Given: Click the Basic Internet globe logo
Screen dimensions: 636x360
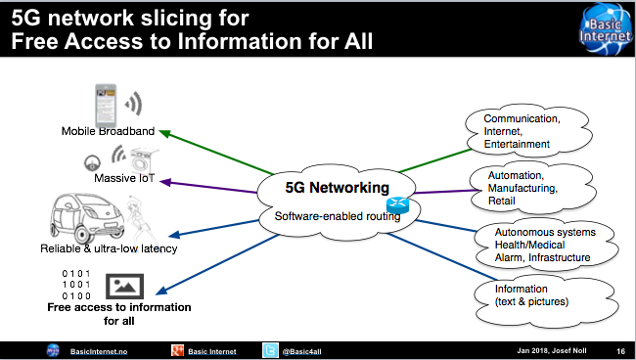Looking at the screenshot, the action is (x=606, y=28).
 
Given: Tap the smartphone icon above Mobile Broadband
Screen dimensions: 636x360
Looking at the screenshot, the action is (x=106, y=106).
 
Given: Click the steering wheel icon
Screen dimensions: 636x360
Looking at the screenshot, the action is (x=93, y=163).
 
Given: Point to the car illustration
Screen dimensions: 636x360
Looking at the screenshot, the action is (x=87, y=218).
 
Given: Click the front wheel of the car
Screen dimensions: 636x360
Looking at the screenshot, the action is (x=80, y=235).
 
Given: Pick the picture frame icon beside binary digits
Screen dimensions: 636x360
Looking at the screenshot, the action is (x=125, y=287).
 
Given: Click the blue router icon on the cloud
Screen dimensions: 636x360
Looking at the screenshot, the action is (x=397, y=204).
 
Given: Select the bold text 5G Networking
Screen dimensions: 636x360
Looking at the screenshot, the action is (x=337, y=188).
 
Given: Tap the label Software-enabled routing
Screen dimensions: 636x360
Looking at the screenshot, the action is (x=337, y=216).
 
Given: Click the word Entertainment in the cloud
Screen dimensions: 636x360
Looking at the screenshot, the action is (x=517, y=144).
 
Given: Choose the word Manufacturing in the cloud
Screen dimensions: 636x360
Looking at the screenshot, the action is (x=522, y=188).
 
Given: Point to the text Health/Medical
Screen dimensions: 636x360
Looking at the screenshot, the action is (x=529, y=245).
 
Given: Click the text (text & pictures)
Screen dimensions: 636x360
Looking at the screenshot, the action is (x=531, y=301).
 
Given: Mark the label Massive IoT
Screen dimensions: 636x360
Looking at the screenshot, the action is (x=124, y=178).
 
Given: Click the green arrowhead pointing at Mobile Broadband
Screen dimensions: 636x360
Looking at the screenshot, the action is (x=164, y=133).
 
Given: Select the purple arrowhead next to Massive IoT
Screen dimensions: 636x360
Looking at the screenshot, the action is (x=165, y=182).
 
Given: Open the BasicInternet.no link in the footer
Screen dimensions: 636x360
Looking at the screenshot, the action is (x=99, y=351).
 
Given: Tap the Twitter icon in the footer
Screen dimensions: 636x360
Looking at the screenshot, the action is (x=270, y=350).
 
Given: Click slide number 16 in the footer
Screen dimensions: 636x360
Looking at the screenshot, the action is (x=620, y=351).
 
